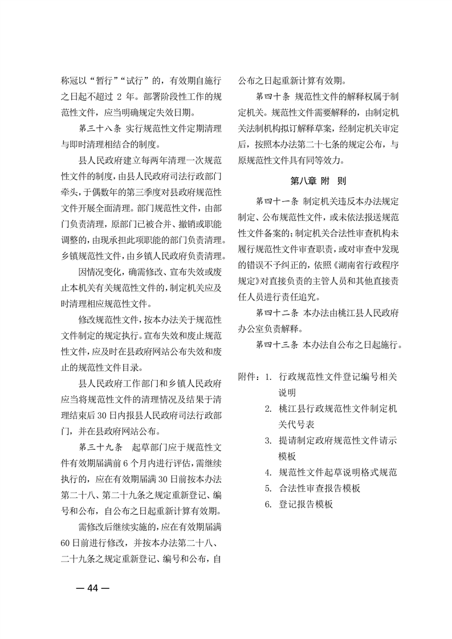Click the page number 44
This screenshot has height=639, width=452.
click(x=92, y=589)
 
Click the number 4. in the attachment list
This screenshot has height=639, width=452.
click(x=268, y=472)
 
